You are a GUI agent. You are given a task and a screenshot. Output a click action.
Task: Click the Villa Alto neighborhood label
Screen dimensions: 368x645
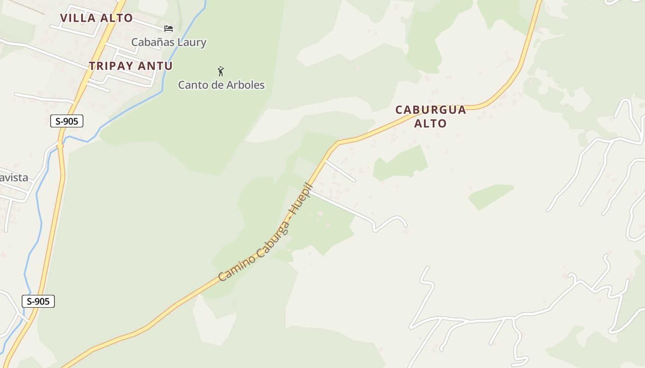[96, 18]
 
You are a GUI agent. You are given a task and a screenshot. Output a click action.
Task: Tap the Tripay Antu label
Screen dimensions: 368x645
[131, 66]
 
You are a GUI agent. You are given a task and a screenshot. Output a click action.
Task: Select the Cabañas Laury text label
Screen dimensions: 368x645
[169, 42]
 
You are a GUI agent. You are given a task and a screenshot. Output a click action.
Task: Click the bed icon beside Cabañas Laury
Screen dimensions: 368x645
[169, 29]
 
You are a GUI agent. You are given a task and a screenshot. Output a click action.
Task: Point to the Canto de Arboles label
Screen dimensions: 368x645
[221, 85]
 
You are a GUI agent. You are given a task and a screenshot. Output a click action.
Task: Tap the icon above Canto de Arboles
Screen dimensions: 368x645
[221, 71]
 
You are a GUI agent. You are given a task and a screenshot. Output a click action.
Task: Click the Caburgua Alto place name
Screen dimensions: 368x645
[431, 116]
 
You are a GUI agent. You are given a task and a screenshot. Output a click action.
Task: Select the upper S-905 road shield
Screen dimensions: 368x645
[67, 121]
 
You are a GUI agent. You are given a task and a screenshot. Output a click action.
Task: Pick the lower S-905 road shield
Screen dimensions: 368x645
[38, 302]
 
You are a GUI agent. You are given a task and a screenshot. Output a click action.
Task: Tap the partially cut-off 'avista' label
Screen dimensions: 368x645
[14, 178]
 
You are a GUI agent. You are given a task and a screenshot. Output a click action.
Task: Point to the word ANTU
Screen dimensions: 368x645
[155, 66]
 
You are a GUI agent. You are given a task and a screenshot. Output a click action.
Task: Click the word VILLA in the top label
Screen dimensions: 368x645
[78, 18]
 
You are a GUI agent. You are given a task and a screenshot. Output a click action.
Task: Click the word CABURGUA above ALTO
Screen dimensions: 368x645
[431, 110]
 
